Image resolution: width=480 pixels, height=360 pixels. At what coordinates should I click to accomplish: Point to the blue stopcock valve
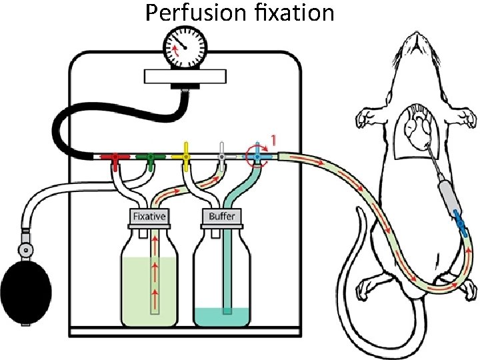(x=257, y=157)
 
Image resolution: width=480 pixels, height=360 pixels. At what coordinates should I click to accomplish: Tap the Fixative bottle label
(x=149, y=217)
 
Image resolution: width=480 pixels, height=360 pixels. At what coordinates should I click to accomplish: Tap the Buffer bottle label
(x=221, y=217)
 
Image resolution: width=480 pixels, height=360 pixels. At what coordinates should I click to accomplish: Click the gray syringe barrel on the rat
(x=445, y=193)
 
